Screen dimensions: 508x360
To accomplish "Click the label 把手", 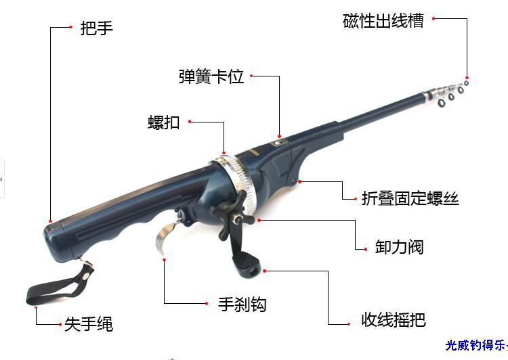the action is (x=96, y=28).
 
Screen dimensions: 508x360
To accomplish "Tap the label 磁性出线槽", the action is (x=383, y=21).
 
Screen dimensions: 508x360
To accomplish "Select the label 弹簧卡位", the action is (x=211, y=76).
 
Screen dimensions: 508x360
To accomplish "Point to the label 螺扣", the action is (x=164, y=122).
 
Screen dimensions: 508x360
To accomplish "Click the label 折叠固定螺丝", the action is (x=410, y=198).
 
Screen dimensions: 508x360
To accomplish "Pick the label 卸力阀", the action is (x=399, y=247).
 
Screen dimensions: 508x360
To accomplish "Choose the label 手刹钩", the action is (x=242, y=305).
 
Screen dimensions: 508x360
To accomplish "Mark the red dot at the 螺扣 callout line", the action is (x=190, y=122).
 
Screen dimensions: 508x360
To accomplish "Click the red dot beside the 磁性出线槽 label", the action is (x=434, y=20).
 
